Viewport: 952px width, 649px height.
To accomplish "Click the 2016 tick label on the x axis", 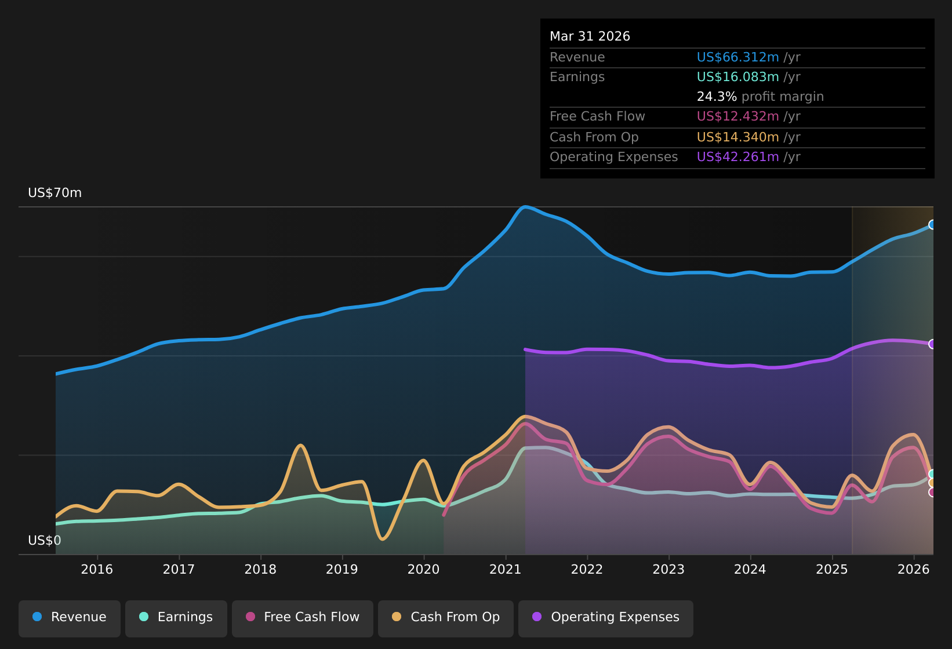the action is tap(97, 569).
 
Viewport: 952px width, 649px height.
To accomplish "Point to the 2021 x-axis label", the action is tap(506, 569).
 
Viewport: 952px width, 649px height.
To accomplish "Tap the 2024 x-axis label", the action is tap(750, 569).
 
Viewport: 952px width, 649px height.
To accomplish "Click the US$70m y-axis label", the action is tap(55, 193).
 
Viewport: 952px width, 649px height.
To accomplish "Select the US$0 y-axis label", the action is tap(45, 540).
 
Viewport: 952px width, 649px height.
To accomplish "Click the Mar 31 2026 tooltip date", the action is tap(590, 37).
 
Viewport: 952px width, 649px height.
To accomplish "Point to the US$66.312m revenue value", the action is tap(738, 57).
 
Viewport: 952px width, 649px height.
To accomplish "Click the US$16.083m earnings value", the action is tap(738, 77).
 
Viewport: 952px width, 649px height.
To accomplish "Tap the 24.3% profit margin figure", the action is tap(717, 97).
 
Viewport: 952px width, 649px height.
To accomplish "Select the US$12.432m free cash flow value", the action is tap(738, 116).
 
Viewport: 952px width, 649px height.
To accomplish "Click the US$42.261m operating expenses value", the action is tap(738, 157).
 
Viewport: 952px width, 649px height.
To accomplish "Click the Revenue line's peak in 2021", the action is tap(525, 207).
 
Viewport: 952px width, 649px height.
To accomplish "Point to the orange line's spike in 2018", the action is tap(300, 445).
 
